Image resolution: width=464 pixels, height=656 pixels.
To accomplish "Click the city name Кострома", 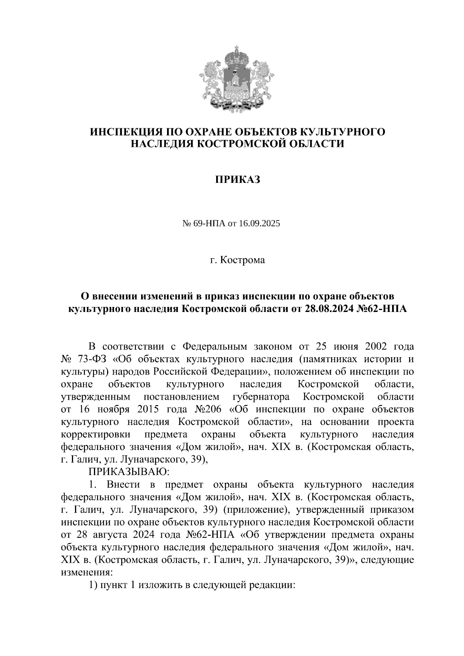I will coord(242,260).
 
